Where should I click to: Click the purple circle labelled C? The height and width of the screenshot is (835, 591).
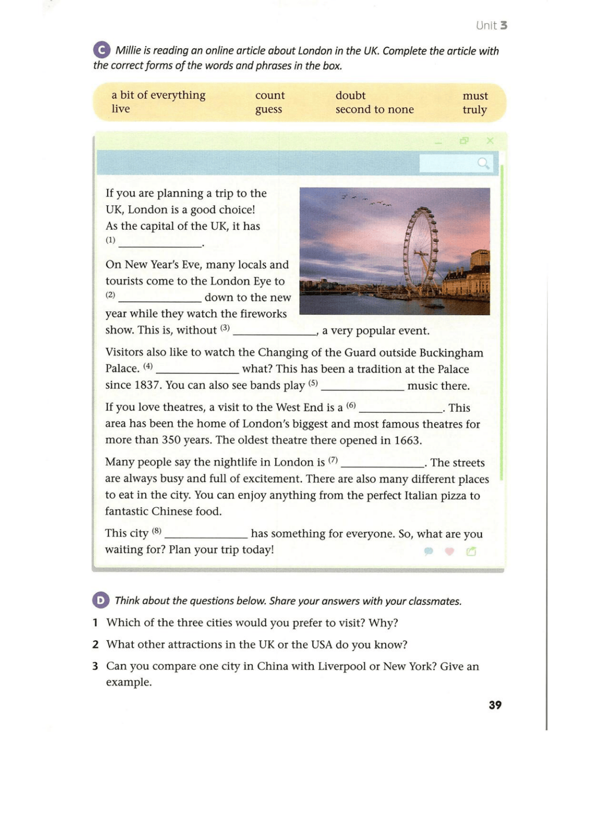tap(102, 50)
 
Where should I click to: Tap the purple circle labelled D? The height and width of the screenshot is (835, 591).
tap(100, 600)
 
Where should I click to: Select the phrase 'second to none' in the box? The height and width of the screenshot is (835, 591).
tap(374, 109)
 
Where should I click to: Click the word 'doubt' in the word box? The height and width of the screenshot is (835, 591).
tap(350, 95)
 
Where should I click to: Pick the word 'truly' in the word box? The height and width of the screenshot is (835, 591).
tap(474, 110)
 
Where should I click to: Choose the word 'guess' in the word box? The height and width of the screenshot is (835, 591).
tap(268, 109)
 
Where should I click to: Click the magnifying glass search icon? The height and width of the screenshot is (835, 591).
tap(483, 163)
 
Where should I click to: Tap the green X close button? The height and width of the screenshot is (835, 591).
tap(490, 141)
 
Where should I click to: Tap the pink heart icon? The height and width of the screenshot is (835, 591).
tap(449, 551)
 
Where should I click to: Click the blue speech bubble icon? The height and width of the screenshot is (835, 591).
tap(428, 551)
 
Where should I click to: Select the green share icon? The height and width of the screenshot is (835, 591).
tap(471, 551)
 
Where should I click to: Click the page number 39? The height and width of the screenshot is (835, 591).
tap(495, 705)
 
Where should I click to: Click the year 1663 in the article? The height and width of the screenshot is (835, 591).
tap(407, 440)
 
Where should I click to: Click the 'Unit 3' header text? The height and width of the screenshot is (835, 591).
tap(491, 25)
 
